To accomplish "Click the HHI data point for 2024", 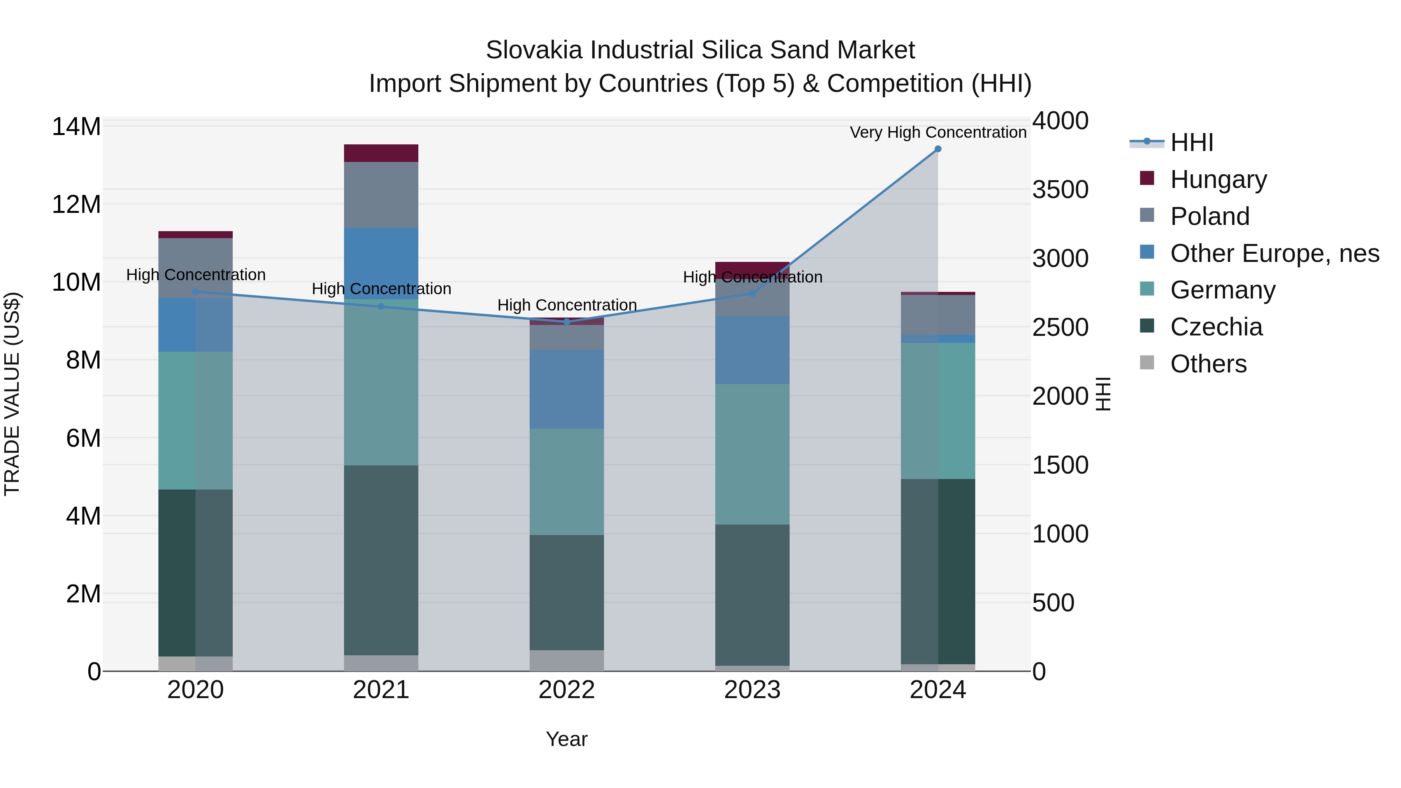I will click(x=938, y=149).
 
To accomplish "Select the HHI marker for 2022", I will click(x=567, y=322).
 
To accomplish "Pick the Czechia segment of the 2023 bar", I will click(x=752, y=595).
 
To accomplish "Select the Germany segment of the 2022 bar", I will click(x=567, y=482).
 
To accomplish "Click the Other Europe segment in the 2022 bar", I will click(x=567, y=390).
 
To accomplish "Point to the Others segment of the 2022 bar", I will click(x=567, y=661).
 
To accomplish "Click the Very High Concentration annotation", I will click(x=938, y=132).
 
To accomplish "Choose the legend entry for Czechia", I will click(x=1216, y=327).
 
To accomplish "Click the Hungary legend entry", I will click(x=1218, y=179).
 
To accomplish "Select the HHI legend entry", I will click(x=1191, y=142).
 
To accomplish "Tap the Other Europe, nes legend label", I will click(x=1274, y=253).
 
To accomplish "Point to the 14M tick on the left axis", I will click(x=76, y=127).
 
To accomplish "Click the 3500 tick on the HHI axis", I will click(x=1060, y=190).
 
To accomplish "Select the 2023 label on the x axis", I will click(x=752, y=690).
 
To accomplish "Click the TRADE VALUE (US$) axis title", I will click(x=12, y=394).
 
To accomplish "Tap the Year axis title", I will click(x=567, y=739).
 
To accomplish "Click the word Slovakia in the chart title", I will click(x=534, y=50).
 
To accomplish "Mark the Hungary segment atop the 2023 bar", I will click(x=752, y=270).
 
